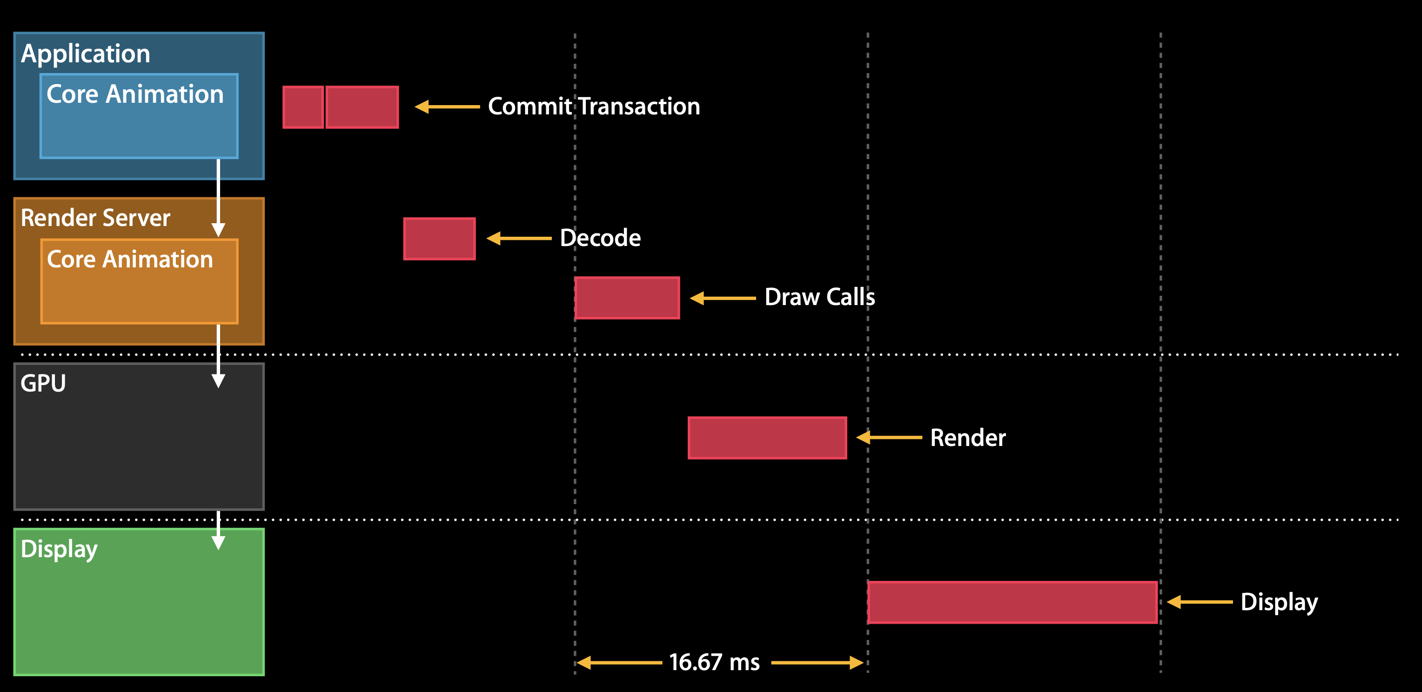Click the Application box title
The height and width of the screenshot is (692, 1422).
[86, 54]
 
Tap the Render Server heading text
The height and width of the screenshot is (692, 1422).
[95, 218]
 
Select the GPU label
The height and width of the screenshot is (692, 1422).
[43, 383]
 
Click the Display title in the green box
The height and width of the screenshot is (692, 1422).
[59, 549]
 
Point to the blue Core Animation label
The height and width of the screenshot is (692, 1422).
[135, 94]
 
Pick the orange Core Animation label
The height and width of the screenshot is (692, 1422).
[130, 259]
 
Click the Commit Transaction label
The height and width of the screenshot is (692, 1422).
[594, 106]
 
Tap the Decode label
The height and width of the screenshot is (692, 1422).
[600, 238]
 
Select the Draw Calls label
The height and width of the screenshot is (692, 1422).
[820, 298]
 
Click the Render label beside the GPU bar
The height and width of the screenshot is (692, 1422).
[968, 438]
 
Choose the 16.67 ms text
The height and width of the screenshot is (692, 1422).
[714, 662]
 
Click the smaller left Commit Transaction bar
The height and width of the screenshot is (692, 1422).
[303, 107]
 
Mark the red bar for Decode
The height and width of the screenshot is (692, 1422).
[439, 239]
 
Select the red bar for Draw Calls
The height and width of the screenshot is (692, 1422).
[627, 298]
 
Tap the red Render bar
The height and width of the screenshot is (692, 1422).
[767, 438]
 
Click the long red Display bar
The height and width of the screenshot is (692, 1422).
[1013, 602]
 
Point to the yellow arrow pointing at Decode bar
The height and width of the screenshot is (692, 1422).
[519, 239]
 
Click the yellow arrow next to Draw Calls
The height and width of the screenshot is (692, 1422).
[723, 298]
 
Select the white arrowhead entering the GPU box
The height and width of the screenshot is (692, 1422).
[219, 380]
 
